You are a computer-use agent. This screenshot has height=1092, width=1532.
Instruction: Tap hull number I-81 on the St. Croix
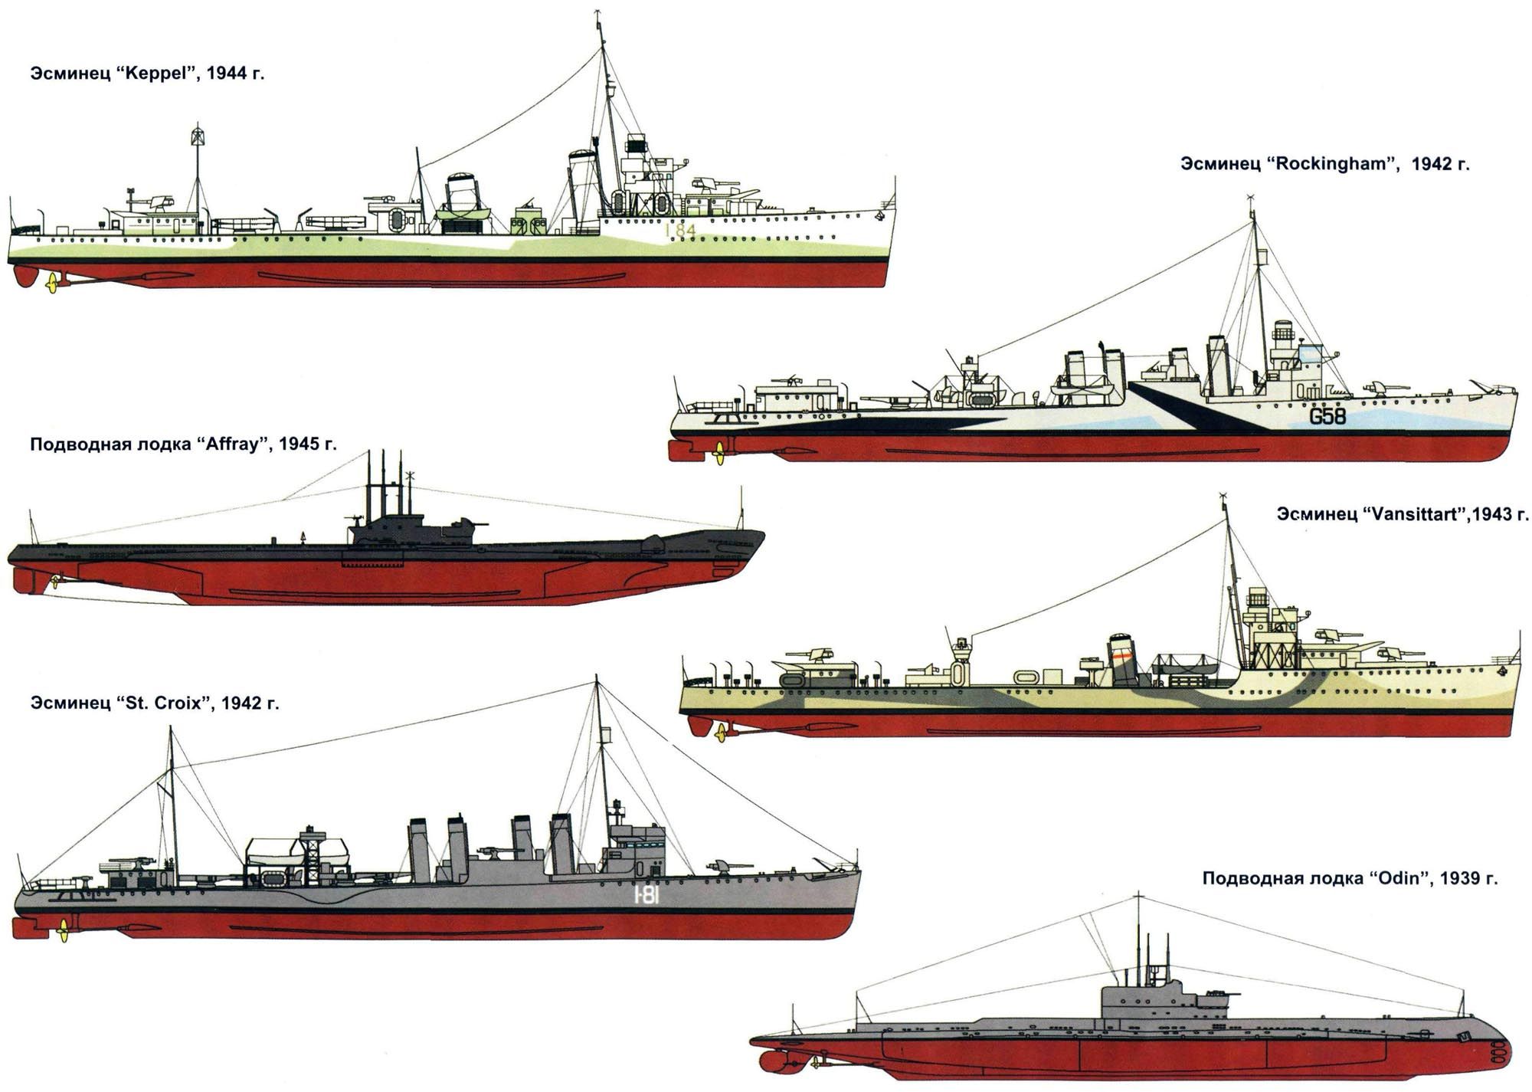pos(647,895)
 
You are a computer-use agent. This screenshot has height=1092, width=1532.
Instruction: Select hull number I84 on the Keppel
pos(679,231)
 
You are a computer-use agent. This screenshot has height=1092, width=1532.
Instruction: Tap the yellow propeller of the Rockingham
pos(719,454)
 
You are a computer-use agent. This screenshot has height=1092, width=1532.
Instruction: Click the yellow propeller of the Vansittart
pos(720,733)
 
